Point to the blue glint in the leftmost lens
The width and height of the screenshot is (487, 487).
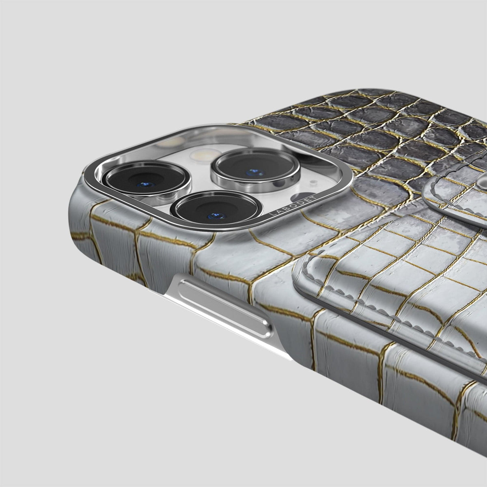[146, 185]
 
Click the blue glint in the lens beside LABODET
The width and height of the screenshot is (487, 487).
[215, 215]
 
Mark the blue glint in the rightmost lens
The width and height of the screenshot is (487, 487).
[255, 172]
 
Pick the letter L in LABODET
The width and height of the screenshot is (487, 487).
[272, 215]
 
